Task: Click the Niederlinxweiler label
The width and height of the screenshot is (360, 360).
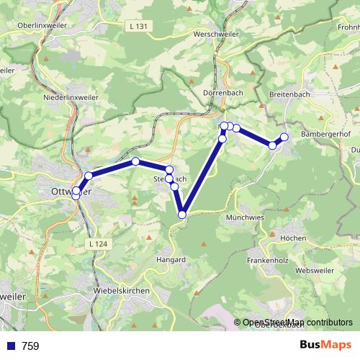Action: (71, 96)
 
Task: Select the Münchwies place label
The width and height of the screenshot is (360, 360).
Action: (246, 217)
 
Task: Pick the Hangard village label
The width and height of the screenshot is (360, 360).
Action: (171, 259)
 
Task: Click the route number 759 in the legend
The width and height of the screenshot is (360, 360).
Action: (30, 346)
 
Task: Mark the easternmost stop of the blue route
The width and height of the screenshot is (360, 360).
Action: (284, 137)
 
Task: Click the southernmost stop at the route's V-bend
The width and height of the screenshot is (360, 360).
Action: (182, 214)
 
